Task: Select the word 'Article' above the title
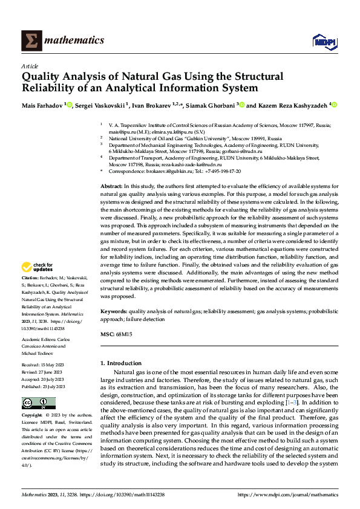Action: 30,66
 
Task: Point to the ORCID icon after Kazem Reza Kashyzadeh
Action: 333,105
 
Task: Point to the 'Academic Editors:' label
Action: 40,339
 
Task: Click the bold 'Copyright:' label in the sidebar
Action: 33,415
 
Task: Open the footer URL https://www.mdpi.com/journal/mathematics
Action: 287,494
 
